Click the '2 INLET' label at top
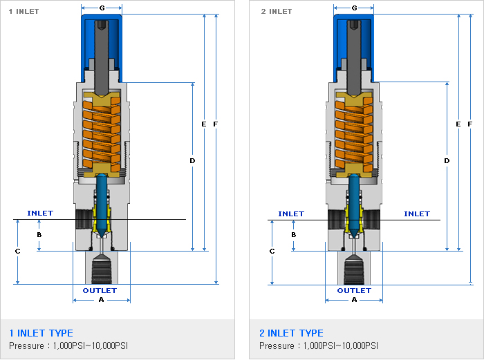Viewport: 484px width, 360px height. [x=276, y=11]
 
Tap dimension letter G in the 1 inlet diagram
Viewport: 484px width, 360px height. [x=102, y=8]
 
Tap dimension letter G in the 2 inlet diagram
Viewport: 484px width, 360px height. [x=355, y=8]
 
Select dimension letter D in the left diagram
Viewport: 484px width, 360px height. [x=192, y=160]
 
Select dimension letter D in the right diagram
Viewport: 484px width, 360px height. [x=447, y=160]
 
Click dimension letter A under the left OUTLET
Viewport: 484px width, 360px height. [x=101, y=301]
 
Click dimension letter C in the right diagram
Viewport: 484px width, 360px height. [x=272, y=252]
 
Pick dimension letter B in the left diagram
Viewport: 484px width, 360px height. [x=39, y=235]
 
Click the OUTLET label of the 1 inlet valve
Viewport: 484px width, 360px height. [x=100, y=290]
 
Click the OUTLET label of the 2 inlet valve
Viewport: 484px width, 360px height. [x=354, y=290]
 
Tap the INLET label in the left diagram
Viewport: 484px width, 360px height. [x=40, y=214]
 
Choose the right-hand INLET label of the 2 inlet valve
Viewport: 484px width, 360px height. [x=416, y=214]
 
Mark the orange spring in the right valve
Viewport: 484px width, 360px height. [x=354, y=131]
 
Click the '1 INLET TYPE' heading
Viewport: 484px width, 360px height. [x=41, y=333]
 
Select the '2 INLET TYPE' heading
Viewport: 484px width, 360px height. [x=292, y=333]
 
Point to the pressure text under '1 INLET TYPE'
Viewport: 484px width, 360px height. [x=68, y=345]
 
